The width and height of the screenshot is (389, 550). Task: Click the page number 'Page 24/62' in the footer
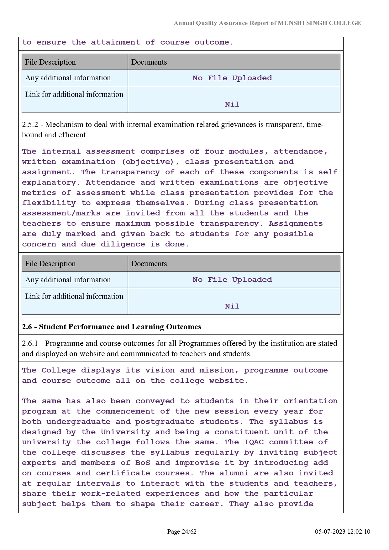pos(182,531)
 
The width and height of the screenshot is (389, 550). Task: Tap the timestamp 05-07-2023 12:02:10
pos(343,531)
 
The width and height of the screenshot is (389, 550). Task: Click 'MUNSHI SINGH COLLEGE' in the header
pos(319,23)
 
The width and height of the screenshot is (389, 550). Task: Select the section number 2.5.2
pos(30,124)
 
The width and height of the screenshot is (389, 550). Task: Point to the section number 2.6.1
pos(30,343)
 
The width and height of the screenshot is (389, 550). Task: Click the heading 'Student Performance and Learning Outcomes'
pos(120,327)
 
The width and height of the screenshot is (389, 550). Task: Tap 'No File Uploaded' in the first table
pos(232,78)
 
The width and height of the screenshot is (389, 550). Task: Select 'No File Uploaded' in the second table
pos(232,280)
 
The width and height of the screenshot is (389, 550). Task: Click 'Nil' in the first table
pos(232,104)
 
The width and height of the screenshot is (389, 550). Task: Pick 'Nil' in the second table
pos(232,306)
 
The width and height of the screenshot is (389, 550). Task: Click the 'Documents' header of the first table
pos(149,62)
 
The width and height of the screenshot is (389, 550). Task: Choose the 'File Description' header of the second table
pos(50,264)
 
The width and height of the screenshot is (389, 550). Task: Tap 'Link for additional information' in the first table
pos(74,94)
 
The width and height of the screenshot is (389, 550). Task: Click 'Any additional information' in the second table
pos(68,280)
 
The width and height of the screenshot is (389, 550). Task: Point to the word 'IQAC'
pos(254,442)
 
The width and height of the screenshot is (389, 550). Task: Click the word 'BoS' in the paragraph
pos(143,463)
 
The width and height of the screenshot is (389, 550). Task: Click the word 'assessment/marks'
pos(61,213)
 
